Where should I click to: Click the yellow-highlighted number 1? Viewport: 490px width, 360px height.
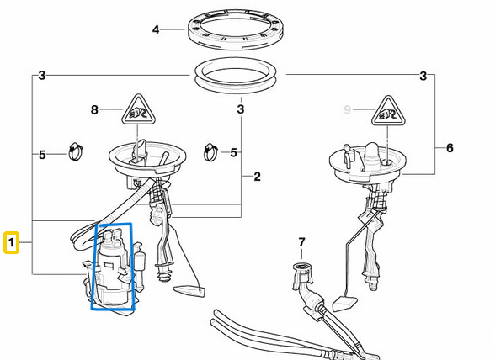tap(11, 242)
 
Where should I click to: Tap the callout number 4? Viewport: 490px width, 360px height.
tap(156, 30)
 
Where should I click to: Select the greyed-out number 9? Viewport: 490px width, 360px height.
tap(347, 109)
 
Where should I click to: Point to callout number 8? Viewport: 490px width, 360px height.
tap(94, 109)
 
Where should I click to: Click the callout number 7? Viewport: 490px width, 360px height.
tap(301, 242)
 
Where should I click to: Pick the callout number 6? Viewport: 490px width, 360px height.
tap(450, 148)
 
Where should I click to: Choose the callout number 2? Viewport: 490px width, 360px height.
tap(257, 177)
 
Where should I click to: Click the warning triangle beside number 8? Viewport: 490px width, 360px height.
tap(138, 110)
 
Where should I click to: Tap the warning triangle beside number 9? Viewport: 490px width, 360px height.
tap(388, 111)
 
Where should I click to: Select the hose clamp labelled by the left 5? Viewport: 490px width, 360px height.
tap(76, 151)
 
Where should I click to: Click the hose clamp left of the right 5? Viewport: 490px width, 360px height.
tap(211, 152)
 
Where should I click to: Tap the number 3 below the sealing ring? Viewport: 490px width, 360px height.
tap(240, 109)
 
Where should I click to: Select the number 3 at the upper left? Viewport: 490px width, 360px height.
tap(42, 76)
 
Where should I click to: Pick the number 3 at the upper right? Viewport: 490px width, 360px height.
tap(423, 76)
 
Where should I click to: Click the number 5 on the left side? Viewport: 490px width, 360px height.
tap(42, 155)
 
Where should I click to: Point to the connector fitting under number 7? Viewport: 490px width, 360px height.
tap(302, 276)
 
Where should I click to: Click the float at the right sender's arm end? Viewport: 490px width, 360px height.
tap(344, 303)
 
